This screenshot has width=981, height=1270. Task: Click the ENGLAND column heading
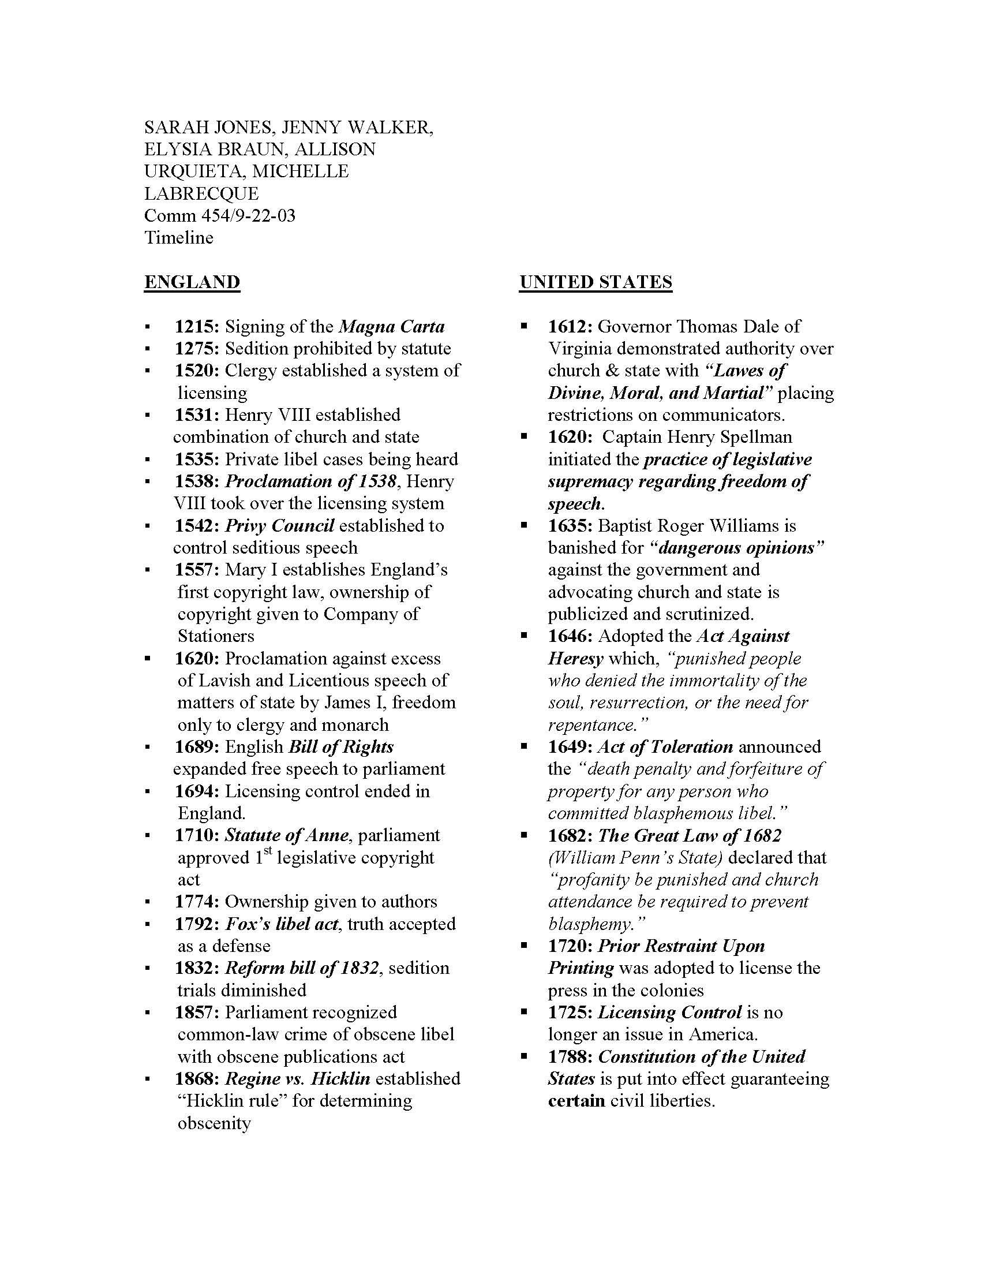click(x=192, y=282)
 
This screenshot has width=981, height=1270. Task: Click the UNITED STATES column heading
click(x=595, y=282)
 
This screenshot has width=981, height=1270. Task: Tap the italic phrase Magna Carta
click(x=392, y=327)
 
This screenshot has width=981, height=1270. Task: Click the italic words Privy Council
click(x=279, y=526)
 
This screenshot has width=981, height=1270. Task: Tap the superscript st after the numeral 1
click(x=267, y=853)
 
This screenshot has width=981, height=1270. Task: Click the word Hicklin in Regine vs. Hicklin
click(x=340, y=1079)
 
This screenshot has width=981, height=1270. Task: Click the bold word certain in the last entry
click(x=576, y=1101)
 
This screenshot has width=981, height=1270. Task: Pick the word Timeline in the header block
click(x=179, y=238)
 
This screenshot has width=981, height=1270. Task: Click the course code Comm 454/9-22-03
click(x=220, y=216)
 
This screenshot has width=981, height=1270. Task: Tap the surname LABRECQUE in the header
click(x=201, y=193)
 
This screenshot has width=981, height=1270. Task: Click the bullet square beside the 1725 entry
click(x=524, y=1013)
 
